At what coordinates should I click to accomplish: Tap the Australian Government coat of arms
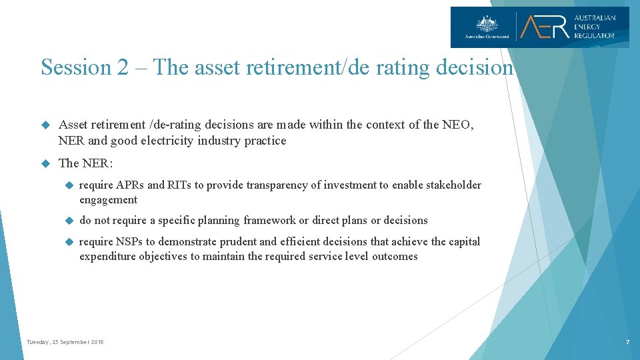pos(486,23)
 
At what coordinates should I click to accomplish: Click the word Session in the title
pos(75,67)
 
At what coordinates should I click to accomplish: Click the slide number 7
pos(627,342)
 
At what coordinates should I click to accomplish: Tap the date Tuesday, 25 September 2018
pos(65,342)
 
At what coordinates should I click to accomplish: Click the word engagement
pos(108,199)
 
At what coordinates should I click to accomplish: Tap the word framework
pos(270,220)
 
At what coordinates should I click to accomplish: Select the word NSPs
pos(129,241)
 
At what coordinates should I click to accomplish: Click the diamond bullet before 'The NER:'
pos(46,163)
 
